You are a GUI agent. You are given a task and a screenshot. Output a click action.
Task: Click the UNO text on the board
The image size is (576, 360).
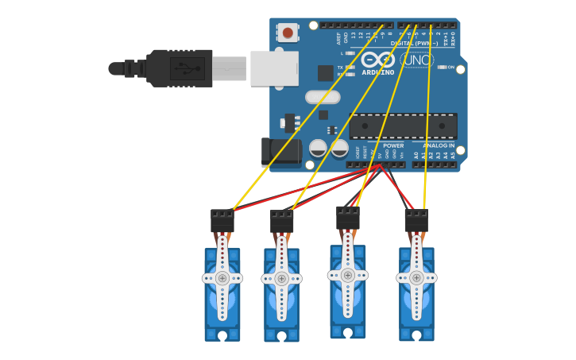pyautogui.click(x=417, y=60)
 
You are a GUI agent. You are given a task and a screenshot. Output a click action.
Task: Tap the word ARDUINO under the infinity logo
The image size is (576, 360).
pyautogui.click(x=378, y=72)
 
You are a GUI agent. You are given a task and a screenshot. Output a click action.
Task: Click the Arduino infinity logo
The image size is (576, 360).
pyautogui.click(x=378, y=59)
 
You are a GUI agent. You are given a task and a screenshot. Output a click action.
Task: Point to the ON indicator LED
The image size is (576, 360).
pyautogui.click(x=442, y=68)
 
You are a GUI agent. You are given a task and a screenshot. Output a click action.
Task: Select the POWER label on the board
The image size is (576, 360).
pyautogui.click(x=393, y=145)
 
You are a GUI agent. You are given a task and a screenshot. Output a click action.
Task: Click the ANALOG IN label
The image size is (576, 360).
pyautogui.click(x=439, y=145)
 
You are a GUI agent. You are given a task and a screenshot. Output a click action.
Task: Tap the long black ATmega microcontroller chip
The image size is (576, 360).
pyautogui.click(x=403, y=126)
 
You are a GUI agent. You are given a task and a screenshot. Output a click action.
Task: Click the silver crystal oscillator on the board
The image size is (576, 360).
pyautogui.click(x=323, y=97)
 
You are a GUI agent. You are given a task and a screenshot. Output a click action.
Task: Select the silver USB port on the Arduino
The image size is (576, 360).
pyautogui.click(x=274, y=68)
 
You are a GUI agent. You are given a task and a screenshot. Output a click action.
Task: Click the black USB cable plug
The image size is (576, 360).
pyautogui.click(x=180, y=68)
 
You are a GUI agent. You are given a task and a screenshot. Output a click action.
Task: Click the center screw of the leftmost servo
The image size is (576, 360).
pyautogui.click(x=222, y=278)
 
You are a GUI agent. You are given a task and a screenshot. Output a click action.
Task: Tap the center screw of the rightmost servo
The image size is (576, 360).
pyautogui.click(x=416, y=277)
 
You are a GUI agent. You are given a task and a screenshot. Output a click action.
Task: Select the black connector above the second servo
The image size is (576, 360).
pyautogui.click(x=282, y=221)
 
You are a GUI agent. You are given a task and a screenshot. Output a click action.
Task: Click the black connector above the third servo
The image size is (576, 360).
pyautogui.click(x=348, y=218)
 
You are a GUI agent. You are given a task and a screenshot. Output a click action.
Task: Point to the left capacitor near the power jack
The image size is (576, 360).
pyautogui.click(x=318, y=149)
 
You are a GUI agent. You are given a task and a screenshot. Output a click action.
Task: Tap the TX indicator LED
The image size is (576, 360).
pyautogui.click(x=350, y=68)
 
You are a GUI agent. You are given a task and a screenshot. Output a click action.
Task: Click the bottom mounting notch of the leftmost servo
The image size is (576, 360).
pyautogui.click(x=222, y=335)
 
